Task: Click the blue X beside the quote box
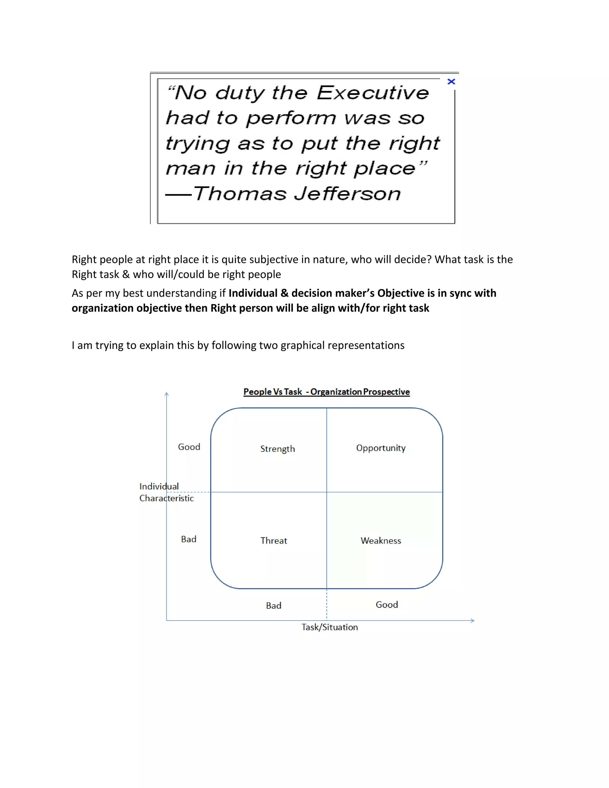(x=451, y=81)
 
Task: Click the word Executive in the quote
(x=373, y=93)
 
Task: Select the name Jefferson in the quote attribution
(x=347, y=194)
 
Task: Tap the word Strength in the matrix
(x=277, y=449)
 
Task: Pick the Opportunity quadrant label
(x=381, y=448)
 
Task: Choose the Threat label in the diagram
(x=274, y=541)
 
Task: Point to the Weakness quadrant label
(x=381, y=541)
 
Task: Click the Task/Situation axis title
(x=329, y=627)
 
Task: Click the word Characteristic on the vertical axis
(x=166, y=498)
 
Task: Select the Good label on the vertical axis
(x=189, y=447)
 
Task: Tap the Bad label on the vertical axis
(x=189, y=539)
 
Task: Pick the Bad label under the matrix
(x=274, y=605)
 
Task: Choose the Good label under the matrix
(x=387, y=605)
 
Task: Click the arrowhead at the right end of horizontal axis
(x=472, y=621)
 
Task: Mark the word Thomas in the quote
(x=240, y=194)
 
